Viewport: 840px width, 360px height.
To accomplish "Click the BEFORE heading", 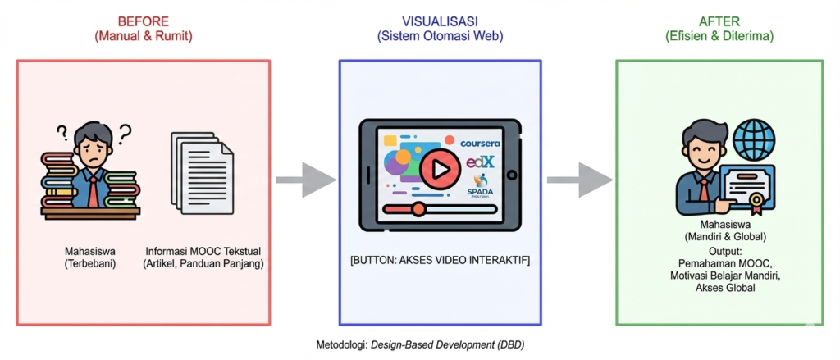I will tap(144, 21).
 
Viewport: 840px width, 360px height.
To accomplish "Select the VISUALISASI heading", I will tap(440, 21).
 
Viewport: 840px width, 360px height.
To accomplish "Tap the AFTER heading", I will tap(719, 21).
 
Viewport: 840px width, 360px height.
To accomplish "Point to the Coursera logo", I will tap(479, 144).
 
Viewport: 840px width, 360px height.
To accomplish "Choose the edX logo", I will tap(480, 162).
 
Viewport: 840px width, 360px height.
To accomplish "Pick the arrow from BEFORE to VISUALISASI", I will tap(304, 180).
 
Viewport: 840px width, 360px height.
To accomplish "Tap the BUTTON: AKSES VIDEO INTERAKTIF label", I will tap(440, 261).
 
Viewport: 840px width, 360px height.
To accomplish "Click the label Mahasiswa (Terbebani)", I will tap(91, 257).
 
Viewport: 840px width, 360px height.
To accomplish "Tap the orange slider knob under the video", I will tap(418, 209).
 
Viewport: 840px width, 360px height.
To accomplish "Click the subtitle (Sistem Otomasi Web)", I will tap(440, 36).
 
